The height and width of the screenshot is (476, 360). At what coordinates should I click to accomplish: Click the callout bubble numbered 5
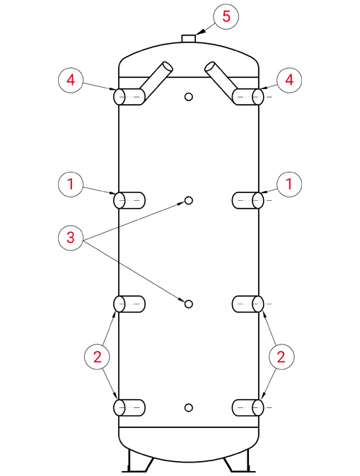click(x=226, y=17)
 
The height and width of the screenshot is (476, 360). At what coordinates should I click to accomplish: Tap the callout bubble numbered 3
click(x=71, y=238)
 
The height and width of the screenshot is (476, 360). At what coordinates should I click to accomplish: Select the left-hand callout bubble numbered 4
click(x=71, y=81)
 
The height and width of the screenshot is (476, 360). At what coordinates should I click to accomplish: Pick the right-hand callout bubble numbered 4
click(x=289, y=81)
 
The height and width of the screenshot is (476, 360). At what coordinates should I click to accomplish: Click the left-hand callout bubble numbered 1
click(x=71, y=185)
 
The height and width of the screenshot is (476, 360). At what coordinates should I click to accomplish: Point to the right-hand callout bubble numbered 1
click(x=289, y=185)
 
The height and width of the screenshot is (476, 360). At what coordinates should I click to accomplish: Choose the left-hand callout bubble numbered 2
click(x=97, y=357)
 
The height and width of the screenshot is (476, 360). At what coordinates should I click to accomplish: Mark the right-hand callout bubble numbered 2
click(x=281, y=357)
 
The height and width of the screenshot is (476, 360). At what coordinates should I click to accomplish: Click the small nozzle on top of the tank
click(x=189, y=39)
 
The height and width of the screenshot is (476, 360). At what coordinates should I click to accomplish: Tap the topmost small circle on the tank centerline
click(x=189, y=97)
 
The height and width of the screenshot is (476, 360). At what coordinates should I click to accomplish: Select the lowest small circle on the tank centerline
click(x=189, y=407)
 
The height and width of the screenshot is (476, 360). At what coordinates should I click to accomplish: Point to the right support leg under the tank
click(x=238, y=461)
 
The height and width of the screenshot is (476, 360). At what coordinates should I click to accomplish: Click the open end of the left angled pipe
click(x=167, y=67)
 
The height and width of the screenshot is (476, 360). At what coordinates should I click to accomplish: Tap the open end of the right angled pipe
click(x=210, y=67)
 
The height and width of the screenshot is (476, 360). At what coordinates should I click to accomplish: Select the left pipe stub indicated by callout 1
click(x=129, y=200)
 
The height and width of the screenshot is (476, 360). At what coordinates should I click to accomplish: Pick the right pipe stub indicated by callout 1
click(x=248, y=200)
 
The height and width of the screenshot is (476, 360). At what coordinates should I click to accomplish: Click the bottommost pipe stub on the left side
click(x=129, y=407)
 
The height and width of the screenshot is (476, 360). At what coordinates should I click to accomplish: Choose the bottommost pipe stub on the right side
click(x=248, y=407)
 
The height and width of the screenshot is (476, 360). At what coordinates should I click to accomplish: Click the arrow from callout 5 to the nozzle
click(x=205, y=30)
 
